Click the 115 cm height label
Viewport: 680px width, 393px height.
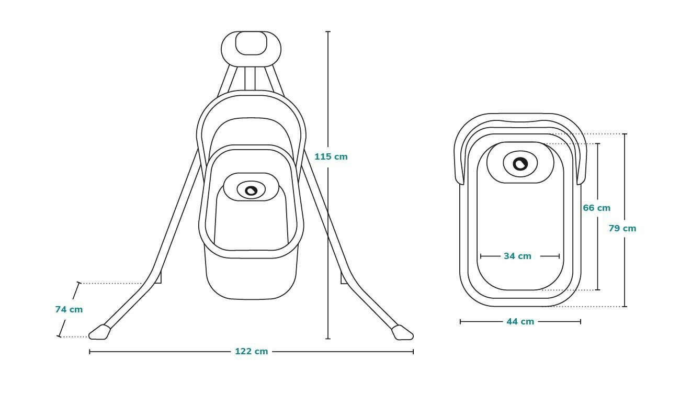(x=331, y=156)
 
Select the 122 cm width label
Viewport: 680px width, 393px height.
(x=251, y=352)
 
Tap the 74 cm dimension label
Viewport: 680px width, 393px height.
(x=69, y=309)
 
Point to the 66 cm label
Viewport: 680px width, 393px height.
(x=596, y=208)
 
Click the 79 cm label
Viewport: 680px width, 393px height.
(x=622, y=228)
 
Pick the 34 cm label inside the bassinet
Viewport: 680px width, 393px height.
(x=517, y=256)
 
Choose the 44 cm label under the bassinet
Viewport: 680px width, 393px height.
(x=520, y=321)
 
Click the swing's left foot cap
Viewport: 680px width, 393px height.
(x=99, y=332)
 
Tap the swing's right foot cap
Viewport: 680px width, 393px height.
(x=403, y=332)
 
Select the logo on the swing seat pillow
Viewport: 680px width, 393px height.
(x=251, y=190)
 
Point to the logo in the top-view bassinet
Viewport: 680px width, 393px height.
(x=520, y=164)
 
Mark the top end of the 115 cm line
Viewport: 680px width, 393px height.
(x=328, y=32)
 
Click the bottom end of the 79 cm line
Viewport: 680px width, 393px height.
(x=625, y=306)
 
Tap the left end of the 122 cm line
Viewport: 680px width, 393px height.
(x=90, y=352)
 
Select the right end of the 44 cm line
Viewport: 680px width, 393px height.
(x=581, y=321)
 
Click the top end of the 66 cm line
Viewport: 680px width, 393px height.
(x=598, y=143)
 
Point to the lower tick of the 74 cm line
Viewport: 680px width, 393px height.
(x=59, y=336)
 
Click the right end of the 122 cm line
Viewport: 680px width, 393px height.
(x=413, y=352)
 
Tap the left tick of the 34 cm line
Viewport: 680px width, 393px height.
(x=481, y=256)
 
